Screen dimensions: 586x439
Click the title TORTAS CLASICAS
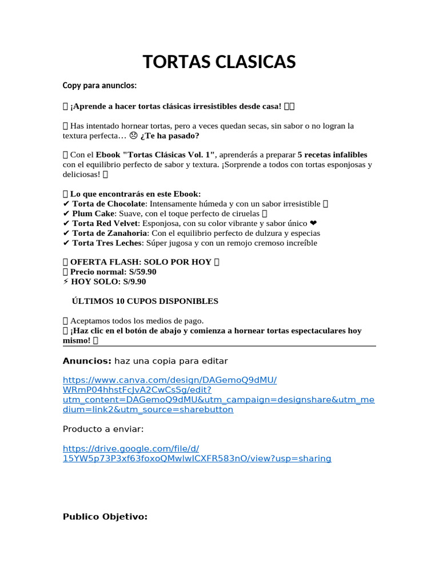pyautogui.click(x=219, y=62)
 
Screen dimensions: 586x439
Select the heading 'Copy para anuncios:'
pyautogui.click(x=99, y=86)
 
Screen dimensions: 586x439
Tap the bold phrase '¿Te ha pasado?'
pyautogui.click(x=170, y=136)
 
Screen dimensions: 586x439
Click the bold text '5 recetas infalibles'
pyautogui.click(x=333, y=155)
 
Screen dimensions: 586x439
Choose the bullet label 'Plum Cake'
pyautogui.click(x=94, y=213)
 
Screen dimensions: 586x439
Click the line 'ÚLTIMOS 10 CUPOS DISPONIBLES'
pyautogui.click(x=145, y=301)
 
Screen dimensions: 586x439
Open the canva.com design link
pyautogui.click(x=169, y=380)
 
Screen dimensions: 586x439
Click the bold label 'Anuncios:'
pyautogui.click(x=87, y=361)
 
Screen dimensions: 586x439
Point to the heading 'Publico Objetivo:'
pyautogui.click(x=105, y=517)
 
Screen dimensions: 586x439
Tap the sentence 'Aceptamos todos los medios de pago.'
pyautogui.click(x=137, y=320)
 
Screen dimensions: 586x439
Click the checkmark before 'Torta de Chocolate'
pyautogui.click(x=66, y=204)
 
